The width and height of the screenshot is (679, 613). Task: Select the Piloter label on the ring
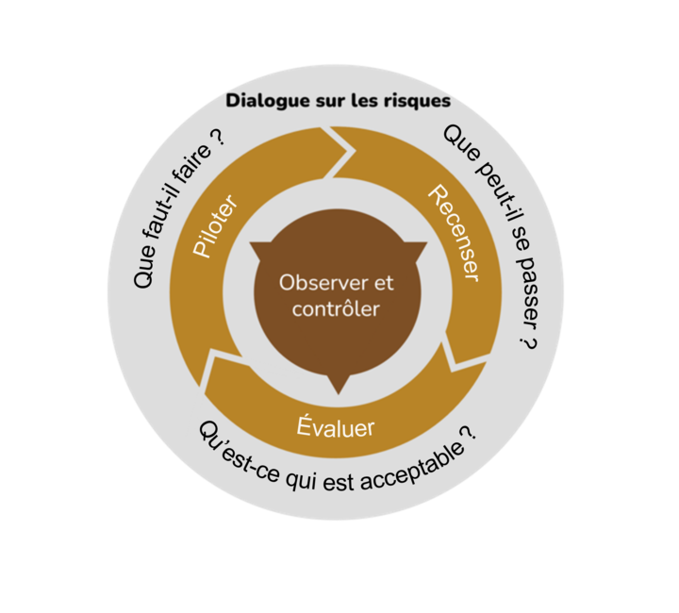[215, 226]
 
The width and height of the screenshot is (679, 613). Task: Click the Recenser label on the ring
[454, 233]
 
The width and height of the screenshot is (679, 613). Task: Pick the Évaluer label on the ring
[336, 426]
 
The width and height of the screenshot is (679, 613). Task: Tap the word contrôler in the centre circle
[336, 309]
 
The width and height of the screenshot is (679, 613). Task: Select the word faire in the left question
[191, 164]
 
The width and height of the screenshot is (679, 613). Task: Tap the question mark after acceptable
[468, 433]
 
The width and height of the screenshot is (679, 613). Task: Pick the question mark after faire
[218, 136]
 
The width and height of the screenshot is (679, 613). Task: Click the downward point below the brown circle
[339, 394]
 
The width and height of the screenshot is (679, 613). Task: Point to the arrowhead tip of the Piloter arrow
[356, 151]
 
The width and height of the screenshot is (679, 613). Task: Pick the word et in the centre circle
[384, 284]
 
